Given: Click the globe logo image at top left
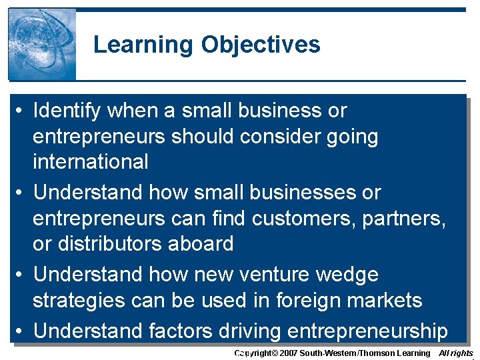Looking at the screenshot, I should [x=42, y=45].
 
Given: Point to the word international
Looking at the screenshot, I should [x=91, y=161].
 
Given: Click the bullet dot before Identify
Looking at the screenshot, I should [x=22, y=111].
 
